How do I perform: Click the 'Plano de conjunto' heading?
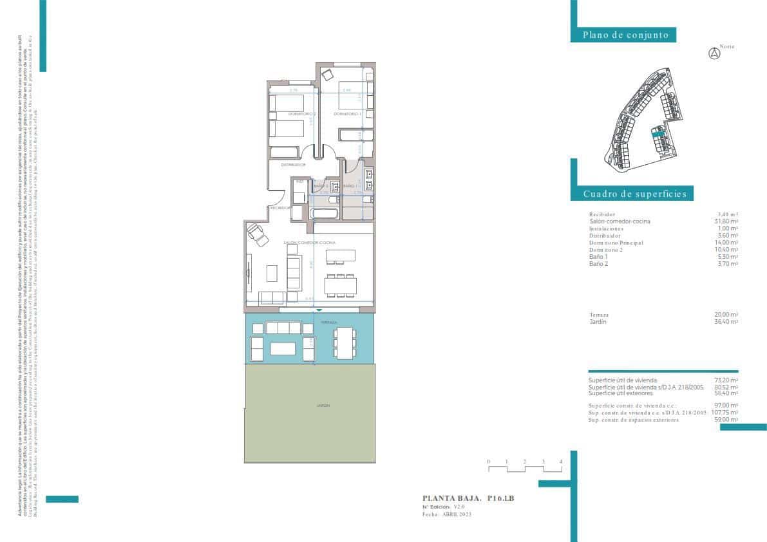(x=625, y=35)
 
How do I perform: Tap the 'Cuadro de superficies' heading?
(x=634, y=194)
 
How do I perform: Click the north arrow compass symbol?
(x=714, y=54)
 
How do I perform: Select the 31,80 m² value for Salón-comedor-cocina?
(x=726, y=221)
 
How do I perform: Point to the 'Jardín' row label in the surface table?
(x=598, y=322)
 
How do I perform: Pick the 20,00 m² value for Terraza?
(x=726, y=315)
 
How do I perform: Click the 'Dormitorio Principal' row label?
(x=616, y=243)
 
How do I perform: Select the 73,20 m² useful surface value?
(x=726, y=380)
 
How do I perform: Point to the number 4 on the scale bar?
(x=561, y=462)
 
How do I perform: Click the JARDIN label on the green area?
(x=323, y=406)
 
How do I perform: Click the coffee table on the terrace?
(x=283, y=348)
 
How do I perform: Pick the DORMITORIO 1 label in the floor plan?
(x=346, y=114)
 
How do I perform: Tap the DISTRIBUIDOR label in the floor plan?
(x=293, y=165)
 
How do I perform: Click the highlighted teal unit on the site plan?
(x=658, y=133)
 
